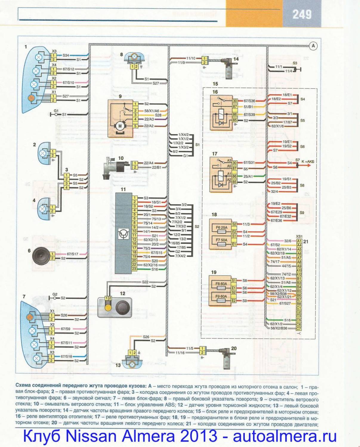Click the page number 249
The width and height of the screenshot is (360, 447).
coord(302,14)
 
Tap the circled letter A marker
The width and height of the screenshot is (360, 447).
coord(313,46)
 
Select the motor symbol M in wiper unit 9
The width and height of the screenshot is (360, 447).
coord(120,126)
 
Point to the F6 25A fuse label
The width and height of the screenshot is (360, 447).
coord(221,228)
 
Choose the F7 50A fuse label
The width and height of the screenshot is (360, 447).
coord(221,240)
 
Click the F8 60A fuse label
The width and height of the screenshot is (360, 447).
coord(221,284)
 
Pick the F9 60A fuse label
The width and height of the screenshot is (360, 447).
coord(221,296)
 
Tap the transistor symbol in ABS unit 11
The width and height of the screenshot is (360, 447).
coord(123,234)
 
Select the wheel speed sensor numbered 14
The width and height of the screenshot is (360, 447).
coord(228,68)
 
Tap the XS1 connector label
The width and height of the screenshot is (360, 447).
coord(299,236)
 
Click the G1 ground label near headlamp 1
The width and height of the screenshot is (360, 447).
coord(56,111)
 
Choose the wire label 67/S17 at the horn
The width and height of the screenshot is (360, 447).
coord(72,254)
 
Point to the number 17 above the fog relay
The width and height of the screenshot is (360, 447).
coord(215,154)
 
